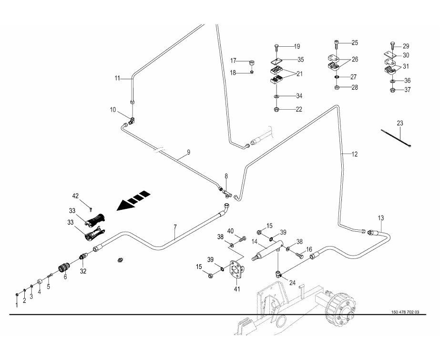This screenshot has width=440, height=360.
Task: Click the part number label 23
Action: click(400, 123)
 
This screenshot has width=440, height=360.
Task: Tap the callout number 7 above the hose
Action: click(175, 227)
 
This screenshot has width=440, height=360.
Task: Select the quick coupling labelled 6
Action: click(64, 268)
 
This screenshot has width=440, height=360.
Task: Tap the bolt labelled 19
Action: click(276, 47)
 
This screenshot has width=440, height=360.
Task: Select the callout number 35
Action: click(300, 60)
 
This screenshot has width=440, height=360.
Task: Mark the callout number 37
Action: click(408, 90)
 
